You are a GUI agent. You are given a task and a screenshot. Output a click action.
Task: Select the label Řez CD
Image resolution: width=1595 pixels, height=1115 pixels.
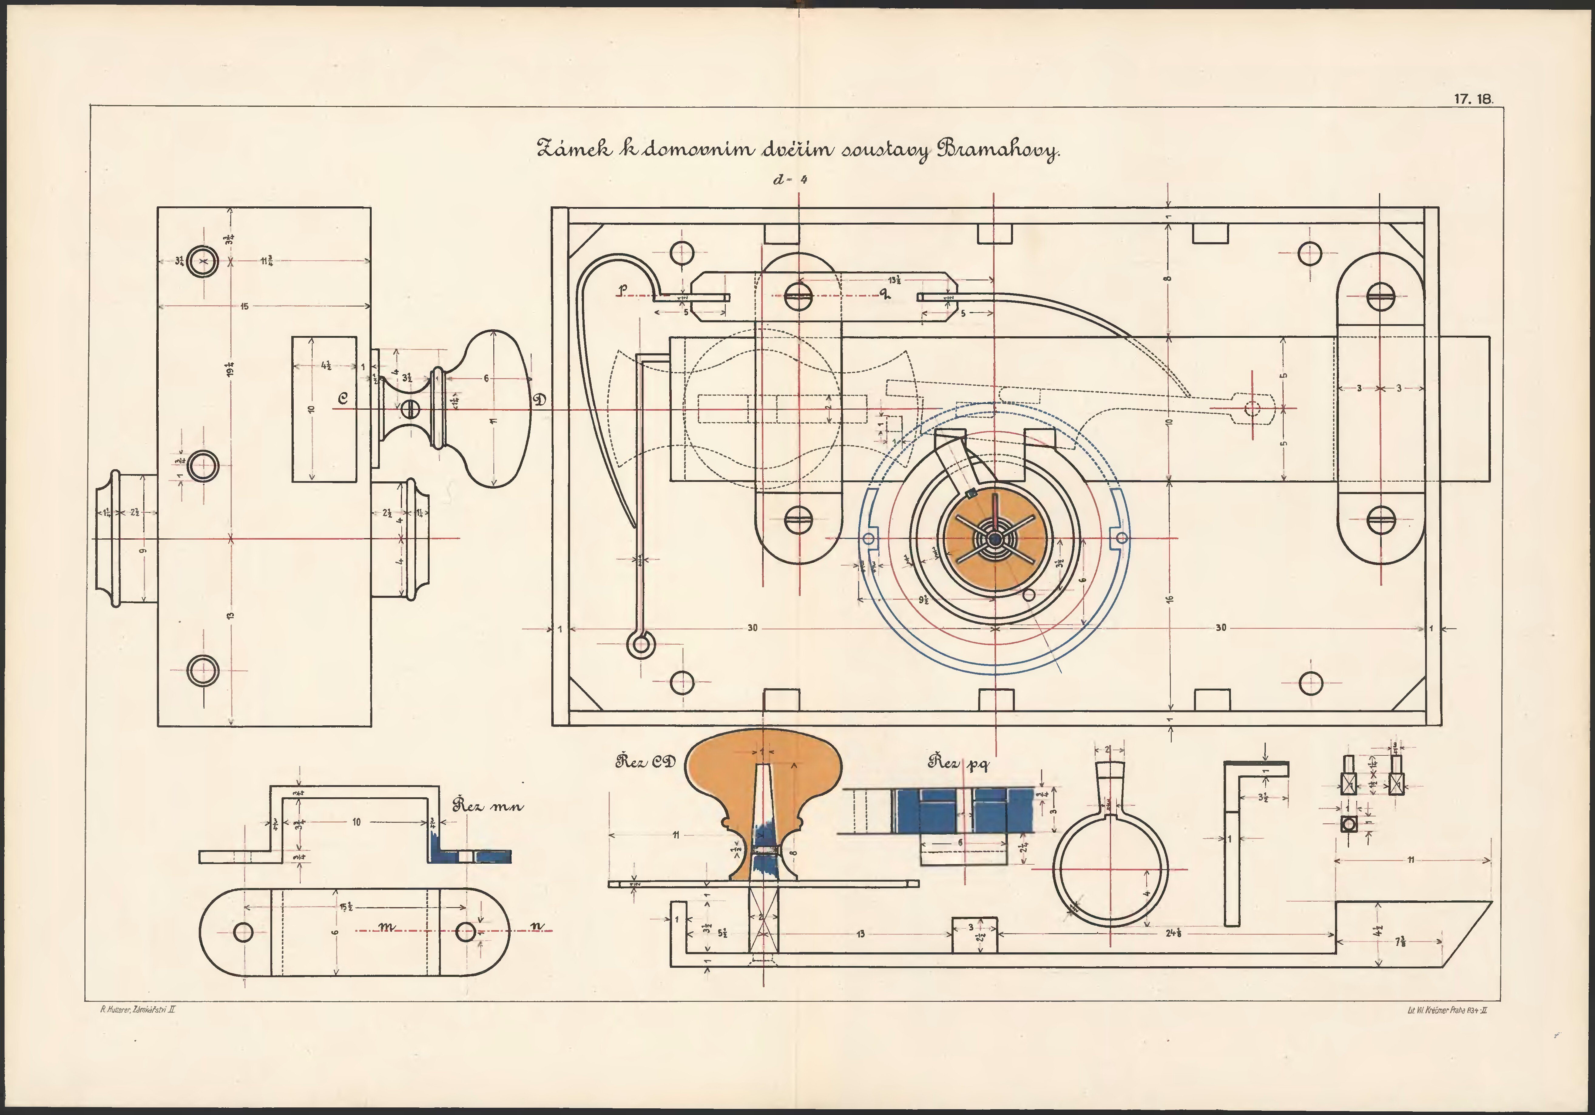tap(645, 762)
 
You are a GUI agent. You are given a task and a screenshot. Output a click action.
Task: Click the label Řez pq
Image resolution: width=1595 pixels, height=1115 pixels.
tap(959, 763)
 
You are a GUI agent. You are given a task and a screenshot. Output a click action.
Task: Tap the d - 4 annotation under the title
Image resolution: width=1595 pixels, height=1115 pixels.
tap(790, 179)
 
